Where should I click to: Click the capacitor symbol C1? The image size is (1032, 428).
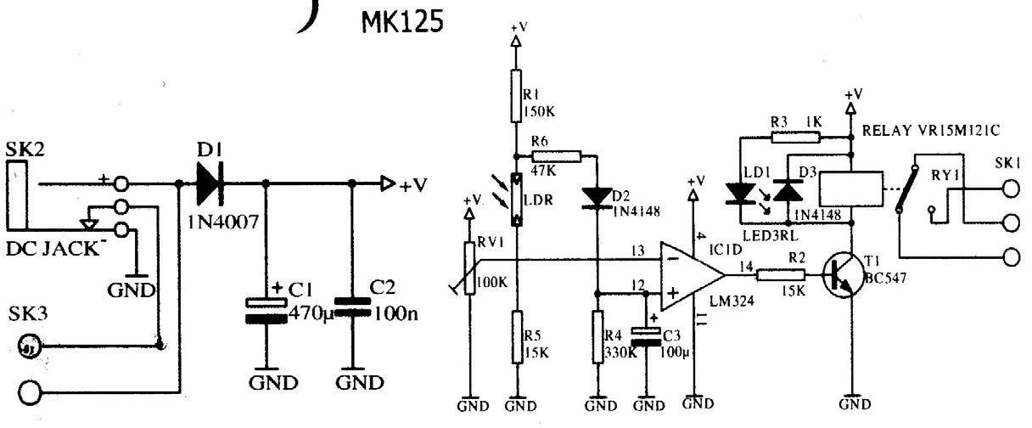pos(266,309)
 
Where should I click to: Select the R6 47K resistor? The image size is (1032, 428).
pos(557,156)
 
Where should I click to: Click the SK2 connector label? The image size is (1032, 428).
pos(25,148)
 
